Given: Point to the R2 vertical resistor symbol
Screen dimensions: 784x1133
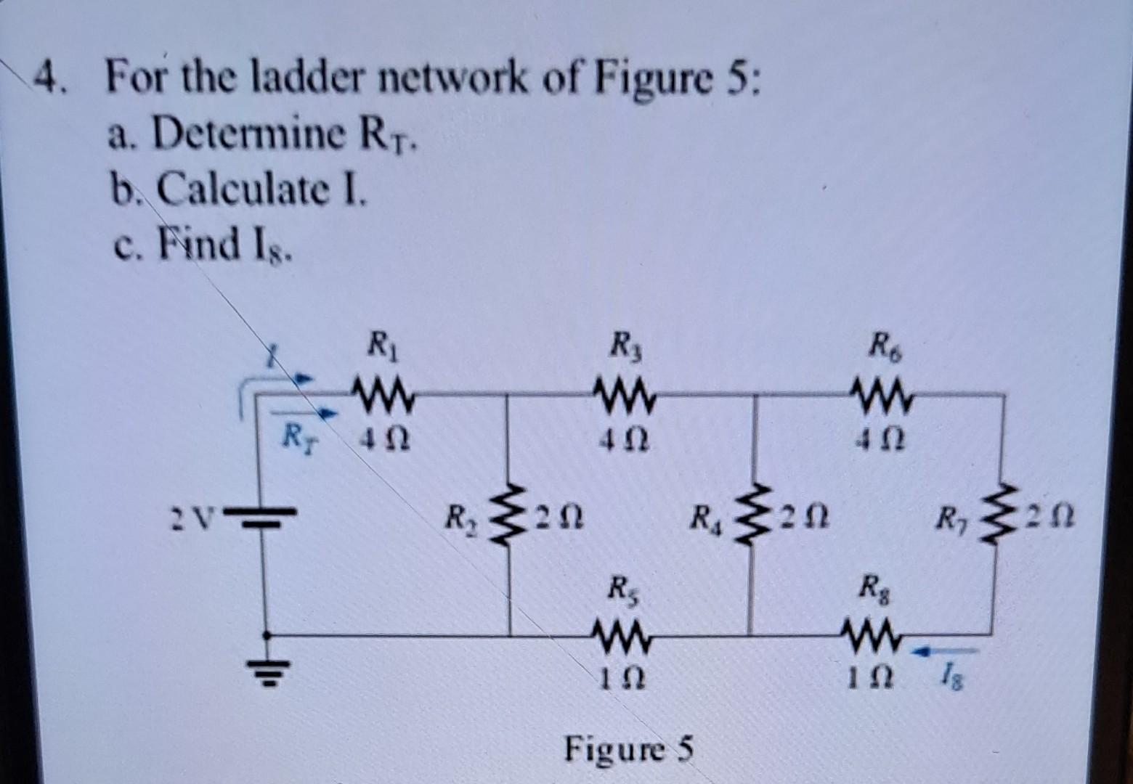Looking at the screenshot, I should click(x=508, y=517).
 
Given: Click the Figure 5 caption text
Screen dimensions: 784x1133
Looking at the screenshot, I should click(x=629, y=748).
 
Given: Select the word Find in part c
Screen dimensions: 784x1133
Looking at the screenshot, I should click(x=200, y=245).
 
